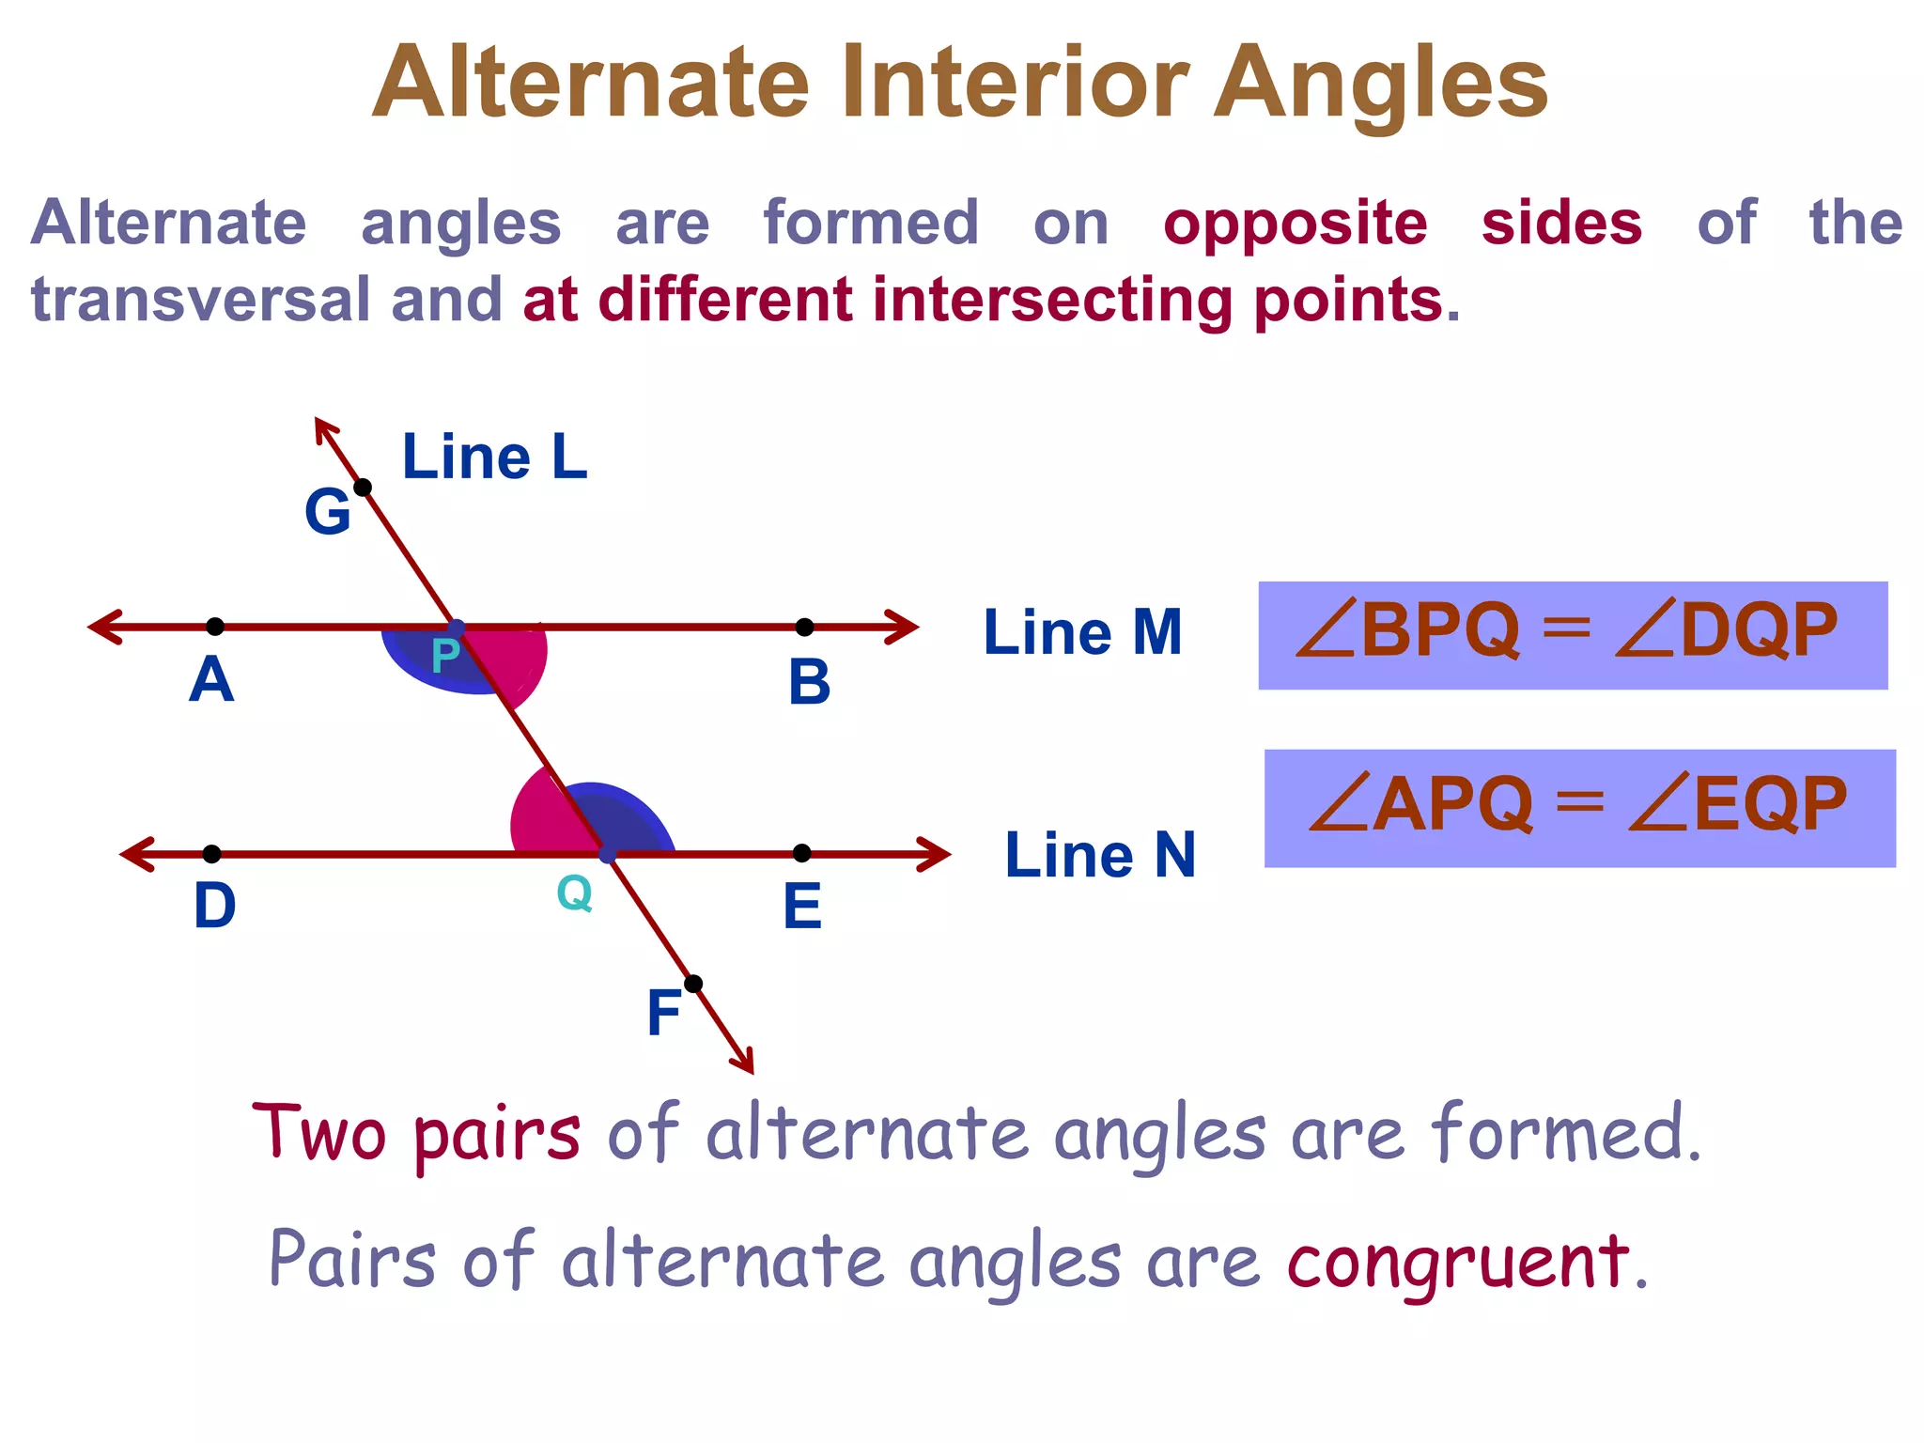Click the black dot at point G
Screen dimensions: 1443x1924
[363, 487]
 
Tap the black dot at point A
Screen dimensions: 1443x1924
[215, 626]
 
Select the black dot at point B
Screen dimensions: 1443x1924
[804, 627]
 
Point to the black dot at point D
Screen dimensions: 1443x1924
[212, 853]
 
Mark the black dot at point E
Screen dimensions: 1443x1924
[801, 852]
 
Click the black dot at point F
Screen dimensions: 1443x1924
[693, 984]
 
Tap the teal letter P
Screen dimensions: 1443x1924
[445, 656]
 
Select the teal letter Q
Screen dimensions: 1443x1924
[574, 892]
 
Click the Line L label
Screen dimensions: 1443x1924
[494, 458]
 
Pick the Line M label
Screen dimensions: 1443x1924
[1082, 632]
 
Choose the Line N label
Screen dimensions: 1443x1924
[1100, 855]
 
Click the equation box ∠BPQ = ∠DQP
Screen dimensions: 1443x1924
[1573, 635]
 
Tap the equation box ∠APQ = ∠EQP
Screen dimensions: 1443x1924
[1579, 808]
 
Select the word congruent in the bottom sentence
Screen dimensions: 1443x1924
[1458, 1262]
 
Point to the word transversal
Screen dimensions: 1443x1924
[201, 299]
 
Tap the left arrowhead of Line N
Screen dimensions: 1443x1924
[136, 854]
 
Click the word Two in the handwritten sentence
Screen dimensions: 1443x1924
[319, 1132]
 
